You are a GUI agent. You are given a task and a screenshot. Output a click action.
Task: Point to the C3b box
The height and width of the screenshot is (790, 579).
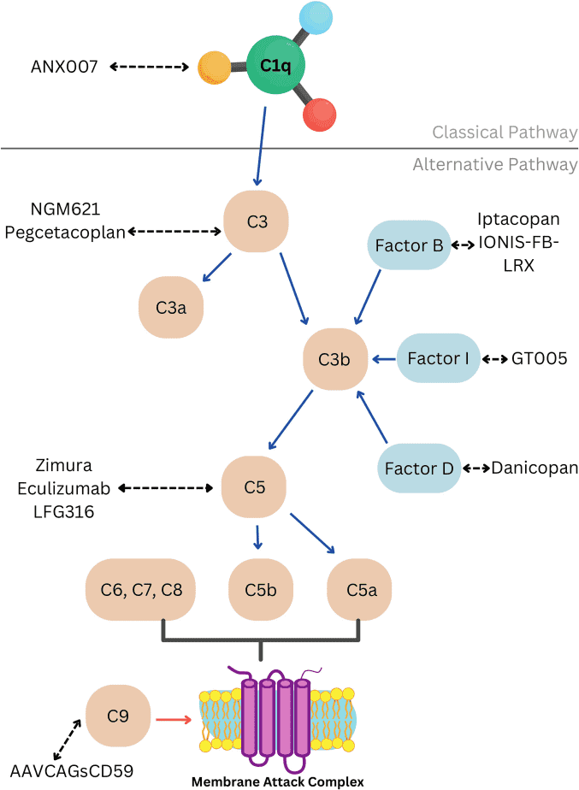(336, 358)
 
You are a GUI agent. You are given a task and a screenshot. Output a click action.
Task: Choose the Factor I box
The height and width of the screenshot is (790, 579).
(438, 358)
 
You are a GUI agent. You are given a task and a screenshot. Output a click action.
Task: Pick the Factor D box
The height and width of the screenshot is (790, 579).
(419, 468)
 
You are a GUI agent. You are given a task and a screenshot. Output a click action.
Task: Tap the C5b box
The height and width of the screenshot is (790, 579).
(260, 589)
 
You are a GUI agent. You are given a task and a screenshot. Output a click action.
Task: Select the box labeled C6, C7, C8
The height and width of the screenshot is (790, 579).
(141, 589)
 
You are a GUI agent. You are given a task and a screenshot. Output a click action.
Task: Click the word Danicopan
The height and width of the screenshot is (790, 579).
(535, 468)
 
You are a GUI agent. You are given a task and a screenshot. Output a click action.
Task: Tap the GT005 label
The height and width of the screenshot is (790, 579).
(539, 358)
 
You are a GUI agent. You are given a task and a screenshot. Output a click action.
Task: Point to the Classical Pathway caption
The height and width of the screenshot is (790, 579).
(505, 133)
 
